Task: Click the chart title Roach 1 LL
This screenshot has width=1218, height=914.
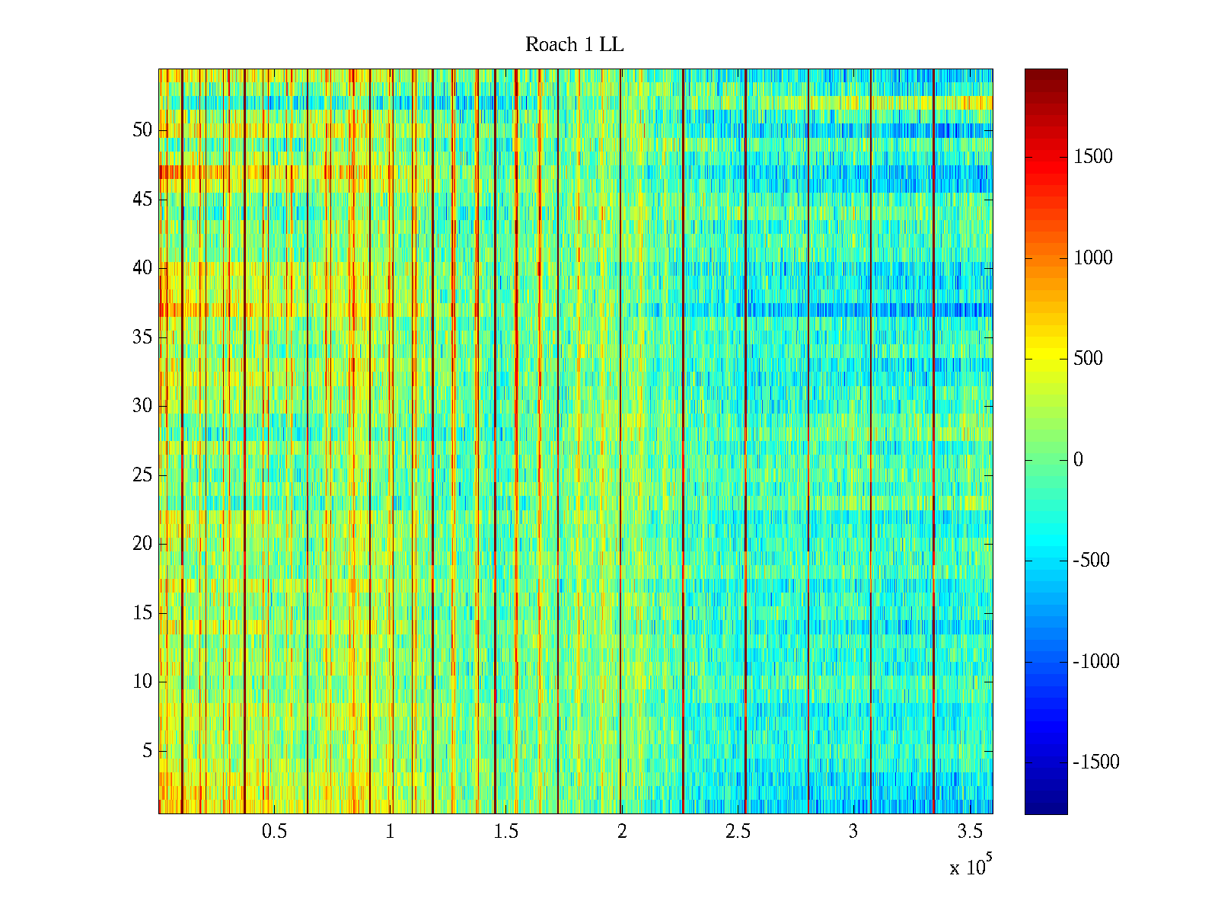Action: (x=574, y=45)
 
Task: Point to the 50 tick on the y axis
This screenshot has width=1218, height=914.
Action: (x=142, y=130)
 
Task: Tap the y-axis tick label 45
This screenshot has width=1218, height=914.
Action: (x=142, y=200)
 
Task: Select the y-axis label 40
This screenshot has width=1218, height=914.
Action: (x=142, y=268)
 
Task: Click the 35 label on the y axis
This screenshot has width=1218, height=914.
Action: (x=142, y=337)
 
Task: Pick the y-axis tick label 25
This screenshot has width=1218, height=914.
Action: (x=142, y=475)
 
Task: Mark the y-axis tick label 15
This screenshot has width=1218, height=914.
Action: (x=142, y=613)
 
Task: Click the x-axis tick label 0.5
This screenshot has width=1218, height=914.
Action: (x=274, y=832)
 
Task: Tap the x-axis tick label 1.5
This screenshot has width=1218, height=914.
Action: (x=505, y=832)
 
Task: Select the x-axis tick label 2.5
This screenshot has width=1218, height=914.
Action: (x=737, y=832)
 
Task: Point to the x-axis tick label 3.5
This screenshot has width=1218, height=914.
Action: (x=969, y=832)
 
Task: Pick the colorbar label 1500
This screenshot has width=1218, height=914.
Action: (x=1093, y=157)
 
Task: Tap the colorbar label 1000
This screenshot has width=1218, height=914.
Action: (x=1093, y=258)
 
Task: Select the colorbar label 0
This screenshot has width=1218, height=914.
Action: (x=1078, y=460)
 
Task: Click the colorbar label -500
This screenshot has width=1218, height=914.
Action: (x=1092, y=561)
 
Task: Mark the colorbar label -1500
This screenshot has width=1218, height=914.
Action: (x=1096, y=762)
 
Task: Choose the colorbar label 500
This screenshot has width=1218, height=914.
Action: (x=1088, y=359)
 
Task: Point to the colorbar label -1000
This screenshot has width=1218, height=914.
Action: (x=1096, y=662)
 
